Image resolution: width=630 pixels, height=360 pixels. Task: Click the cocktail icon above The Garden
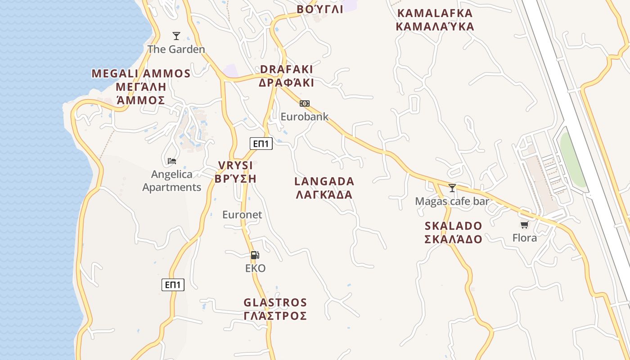(176, 36)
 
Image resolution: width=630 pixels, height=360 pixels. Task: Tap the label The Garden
(176, 49)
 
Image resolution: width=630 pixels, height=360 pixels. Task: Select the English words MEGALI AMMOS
(141, 73)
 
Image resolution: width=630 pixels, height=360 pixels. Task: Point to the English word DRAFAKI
(287, 69)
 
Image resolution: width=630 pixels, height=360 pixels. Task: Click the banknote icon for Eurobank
(305, 103)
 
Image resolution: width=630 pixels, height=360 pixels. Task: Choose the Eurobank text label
(305, 117)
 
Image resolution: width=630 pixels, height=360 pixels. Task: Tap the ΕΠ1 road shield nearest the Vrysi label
(261, 144)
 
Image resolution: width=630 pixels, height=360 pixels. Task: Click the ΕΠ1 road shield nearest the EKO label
(173, 284)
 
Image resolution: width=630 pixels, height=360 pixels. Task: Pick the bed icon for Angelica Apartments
(172, 161)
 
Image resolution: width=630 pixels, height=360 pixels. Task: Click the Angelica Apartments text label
(172, 180)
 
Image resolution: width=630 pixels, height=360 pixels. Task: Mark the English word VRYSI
(235, 165)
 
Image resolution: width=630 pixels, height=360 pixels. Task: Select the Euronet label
(242, 215)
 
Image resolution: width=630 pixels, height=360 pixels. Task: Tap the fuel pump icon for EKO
(255, 255)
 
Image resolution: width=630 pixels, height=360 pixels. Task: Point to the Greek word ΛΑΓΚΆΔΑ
(324, 195)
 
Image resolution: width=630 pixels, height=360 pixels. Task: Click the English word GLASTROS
(275, 302)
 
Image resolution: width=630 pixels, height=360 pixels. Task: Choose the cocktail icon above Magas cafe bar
(452, 188)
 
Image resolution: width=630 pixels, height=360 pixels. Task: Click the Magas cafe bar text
(452, 201)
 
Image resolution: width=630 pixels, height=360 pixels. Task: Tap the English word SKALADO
(454, 226)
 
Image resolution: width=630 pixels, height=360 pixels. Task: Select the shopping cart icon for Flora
(524, 225)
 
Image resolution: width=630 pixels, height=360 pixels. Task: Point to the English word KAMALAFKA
(435, 13)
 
